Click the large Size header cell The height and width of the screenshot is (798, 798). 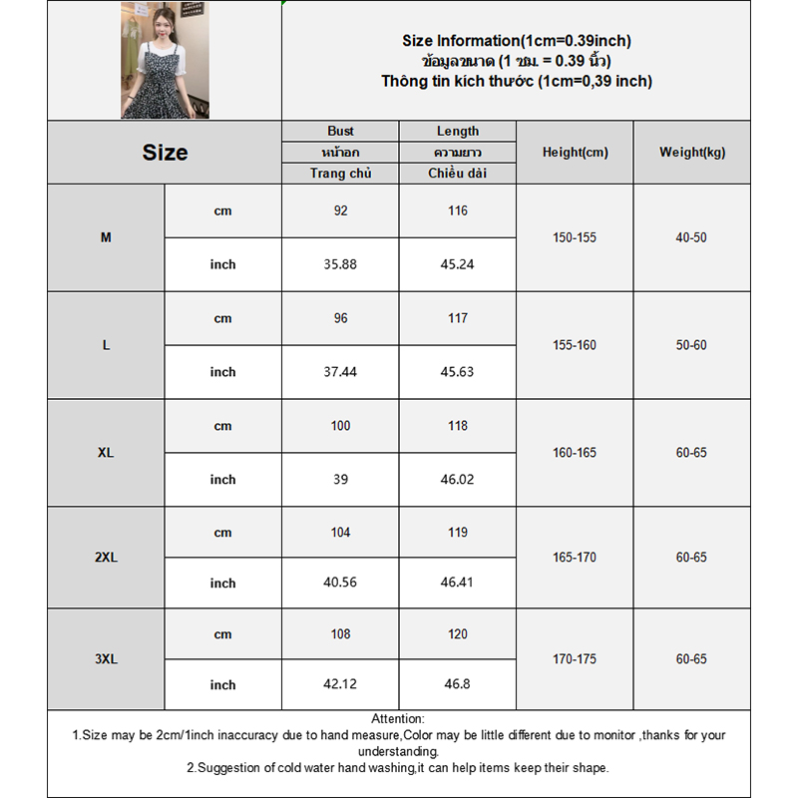(165, 153)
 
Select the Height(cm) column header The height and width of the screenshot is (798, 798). (575, 153)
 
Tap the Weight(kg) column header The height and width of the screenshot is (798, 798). (692, 153)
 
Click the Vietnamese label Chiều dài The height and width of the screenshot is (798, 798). (458, 174)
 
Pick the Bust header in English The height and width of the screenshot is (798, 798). (340, 131)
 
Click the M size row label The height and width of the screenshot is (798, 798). (106, 237)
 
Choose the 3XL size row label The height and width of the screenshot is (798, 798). (106, 659)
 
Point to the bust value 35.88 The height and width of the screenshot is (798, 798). (340, 264)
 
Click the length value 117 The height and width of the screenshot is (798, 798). (458, 318)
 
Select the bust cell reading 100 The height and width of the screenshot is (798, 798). (340, 426)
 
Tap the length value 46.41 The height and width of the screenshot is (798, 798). (458, 583)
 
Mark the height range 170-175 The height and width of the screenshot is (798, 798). (575, 659)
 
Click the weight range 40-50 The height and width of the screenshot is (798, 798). (691, 237)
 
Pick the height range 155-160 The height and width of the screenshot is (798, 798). (575, 345)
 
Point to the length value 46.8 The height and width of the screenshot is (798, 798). (458, 685)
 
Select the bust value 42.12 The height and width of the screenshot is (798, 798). (340, 685)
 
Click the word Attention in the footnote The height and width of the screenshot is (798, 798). (397, 719)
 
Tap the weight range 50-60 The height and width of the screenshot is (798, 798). (691, 345)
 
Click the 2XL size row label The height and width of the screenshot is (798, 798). (106, 558)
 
